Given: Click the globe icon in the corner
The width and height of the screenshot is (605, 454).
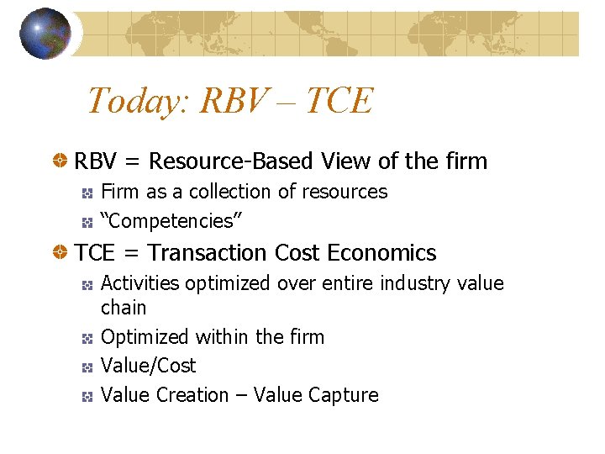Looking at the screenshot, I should pyautogui.click(x=45, y=34).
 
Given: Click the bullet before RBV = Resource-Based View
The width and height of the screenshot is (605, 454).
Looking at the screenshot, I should pyautogui.click(x=61, y=161).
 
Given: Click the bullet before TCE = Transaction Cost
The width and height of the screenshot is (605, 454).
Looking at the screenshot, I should pyautogui.click(x=61, y=253).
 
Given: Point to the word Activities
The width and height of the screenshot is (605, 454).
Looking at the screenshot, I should pyautogui.click(x=139, y=283).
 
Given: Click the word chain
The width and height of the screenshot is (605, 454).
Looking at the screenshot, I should pyautogui.click(x=123, y=308).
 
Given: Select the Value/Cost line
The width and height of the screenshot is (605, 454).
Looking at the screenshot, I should pyautogui.click(x=148, y=366).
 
